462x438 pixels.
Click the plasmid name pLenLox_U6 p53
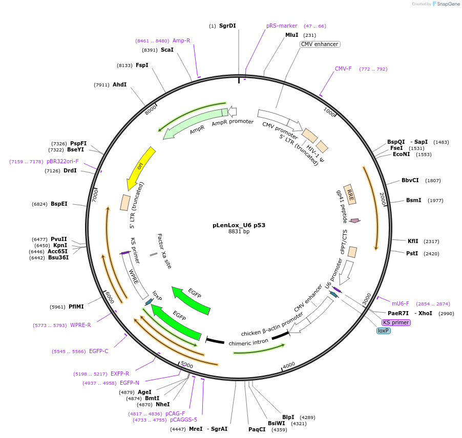(239, 225)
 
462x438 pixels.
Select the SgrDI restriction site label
(227, 26)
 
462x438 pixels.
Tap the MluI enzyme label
(291, 35)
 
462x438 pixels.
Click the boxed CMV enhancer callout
(320, 44)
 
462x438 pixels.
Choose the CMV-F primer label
(343, 69)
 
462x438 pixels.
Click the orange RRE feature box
(350, 194)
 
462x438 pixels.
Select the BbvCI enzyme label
(410, 180)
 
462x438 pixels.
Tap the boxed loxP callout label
(384, 331)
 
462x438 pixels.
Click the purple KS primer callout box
(396, 322)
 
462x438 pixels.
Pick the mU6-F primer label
(401, 303)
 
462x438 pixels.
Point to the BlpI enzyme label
(288, 417)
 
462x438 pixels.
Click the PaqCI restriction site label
(257, 429)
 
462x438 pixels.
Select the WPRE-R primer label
(80, 325)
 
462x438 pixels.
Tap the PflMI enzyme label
(76, 306)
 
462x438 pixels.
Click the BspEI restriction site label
(59, 204)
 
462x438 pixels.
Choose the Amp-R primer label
(181, 40)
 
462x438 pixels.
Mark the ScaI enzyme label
(167, 50)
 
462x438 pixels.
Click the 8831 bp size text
(239, 231)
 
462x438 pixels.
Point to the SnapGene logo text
(447, 4)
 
